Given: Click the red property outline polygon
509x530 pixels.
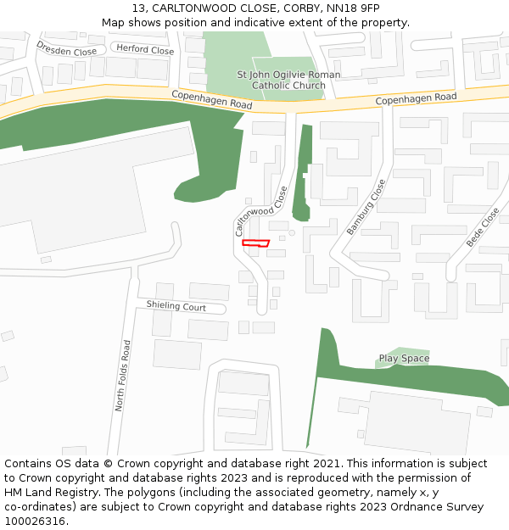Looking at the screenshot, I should pyautogui.click(x=255, y=243).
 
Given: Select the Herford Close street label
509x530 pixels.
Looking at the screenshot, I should pyautogui.click(x=145, y=50).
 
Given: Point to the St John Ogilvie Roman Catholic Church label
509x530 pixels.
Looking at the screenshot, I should pyautogui.click(x=288, y=80).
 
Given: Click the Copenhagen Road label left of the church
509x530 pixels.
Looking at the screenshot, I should pyautogui.click(x=211, y=99).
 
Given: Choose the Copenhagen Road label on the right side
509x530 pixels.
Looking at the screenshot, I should pyautogui.click(x=416, y=99).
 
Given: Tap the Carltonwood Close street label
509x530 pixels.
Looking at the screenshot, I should pyautogui.click(x=260, y=211).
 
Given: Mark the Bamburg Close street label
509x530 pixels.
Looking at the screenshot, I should pyautogui.click(x=366, y=207).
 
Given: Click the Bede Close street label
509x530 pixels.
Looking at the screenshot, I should pyautogui.click(x=483, y=227).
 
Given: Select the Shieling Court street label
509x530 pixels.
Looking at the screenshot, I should pyautogui.click(x=176, y=306).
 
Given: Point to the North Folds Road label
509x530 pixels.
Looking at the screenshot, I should pyautogui.click(x=123, y=376).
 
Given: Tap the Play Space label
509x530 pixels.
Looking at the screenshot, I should pyautogui.click(x=404, y=359).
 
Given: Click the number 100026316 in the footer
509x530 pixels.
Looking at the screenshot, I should pyautogui.click(x=34, y=521).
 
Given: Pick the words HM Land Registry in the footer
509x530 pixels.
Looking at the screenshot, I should pyautogui.click(x=47, y=492).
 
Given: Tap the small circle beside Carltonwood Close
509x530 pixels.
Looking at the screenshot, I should pyautogui.click(x=292, y=232).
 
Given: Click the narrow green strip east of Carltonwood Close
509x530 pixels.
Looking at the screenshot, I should pyautogui.click(x=303, y=170).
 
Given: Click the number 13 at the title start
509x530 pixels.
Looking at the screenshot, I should pyautogui.click(x=138, y=8).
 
